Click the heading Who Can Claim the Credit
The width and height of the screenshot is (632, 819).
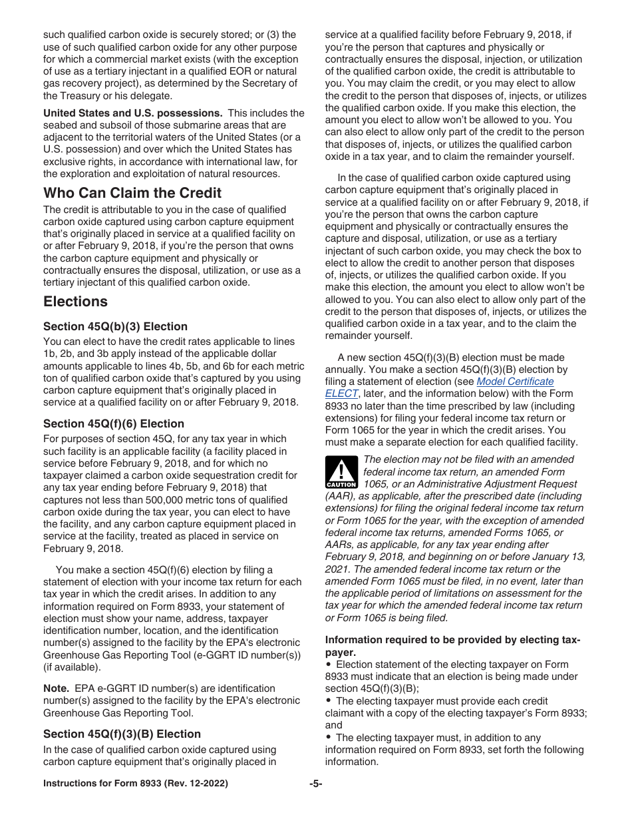click(x=132, y=193)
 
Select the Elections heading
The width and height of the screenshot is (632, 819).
click(x=75, y=302)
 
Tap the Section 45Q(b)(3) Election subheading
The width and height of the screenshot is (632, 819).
click(x=115, y=326)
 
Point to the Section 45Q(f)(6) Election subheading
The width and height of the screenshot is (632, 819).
click(x=114, y=423)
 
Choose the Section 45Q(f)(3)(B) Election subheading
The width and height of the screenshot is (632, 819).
click(x=122, y=734)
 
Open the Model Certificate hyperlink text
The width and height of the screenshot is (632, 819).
click(x=515, y=382)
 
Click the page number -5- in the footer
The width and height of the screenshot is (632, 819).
click(x=316, y=784)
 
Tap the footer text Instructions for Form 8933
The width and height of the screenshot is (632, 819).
click(x=135, y=784)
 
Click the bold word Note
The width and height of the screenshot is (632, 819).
click(x=56, y=688)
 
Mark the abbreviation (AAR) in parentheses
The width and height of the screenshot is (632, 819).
click(x=340, y=496)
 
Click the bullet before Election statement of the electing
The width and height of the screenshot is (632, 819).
click(x=329, y=665)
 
